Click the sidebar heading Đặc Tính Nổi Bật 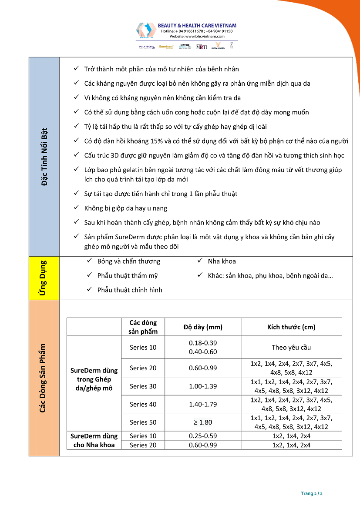(44, 157)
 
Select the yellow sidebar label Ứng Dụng (43, 278)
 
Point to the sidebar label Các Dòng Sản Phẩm (43, 378)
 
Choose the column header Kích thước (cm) (291, 327)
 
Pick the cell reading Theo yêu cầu (291, 347)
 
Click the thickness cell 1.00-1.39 (202, 386)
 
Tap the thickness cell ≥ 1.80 (202, 422)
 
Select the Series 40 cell (143, 404)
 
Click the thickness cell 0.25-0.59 (202, 436)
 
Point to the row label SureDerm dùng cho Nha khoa (94, 440)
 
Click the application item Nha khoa (222, 261)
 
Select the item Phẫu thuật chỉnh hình (130, 290)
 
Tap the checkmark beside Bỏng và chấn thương (89, 261)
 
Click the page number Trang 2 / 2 (311, 493)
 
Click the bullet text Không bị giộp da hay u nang (126, 208)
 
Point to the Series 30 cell (143, 386)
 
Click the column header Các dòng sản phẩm (143, 327)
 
